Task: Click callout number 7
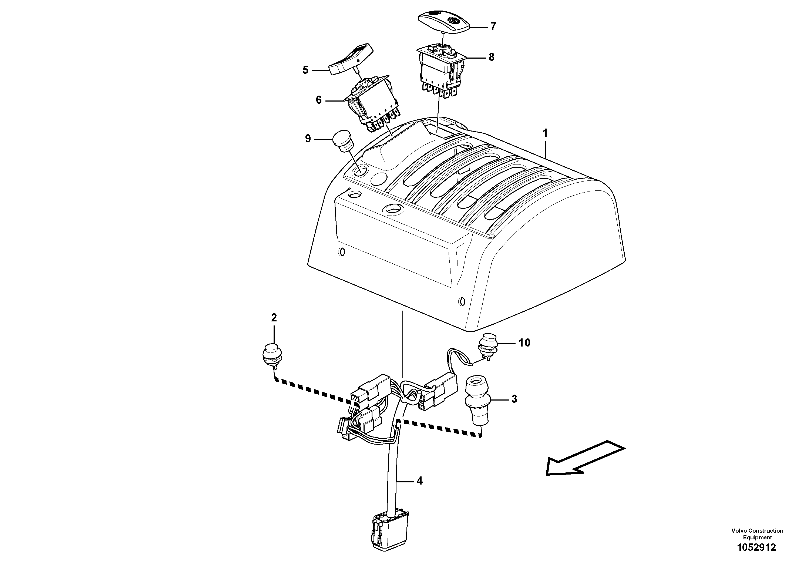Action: [493, 26]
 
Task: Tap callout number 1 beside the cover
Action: [545, 133]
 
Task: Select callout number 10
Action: [524, 342]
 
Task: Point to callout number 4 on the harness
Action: [419, 481]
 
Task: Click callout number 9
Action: [308, 139]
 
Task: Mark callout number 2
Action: [274, 318]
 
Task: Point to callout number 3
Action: [514, 399]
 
